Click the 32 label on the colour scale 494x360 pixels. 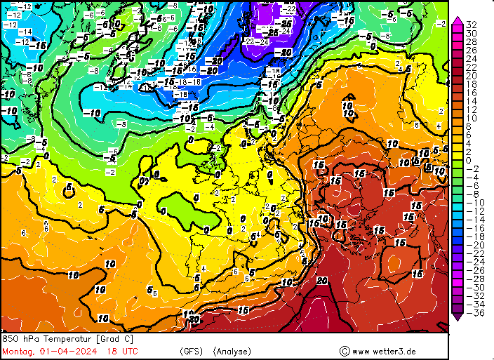tap(472, 25)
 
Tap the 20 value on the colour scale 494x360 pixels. tap(472, 76)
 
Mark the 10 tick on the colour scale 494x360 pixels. tap(472, 118)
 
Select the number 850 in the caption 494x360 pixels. tap(11, 339)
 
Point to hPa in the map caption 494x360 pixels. tap(31, 339)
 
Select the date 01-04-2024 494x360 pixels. tap(68, 351)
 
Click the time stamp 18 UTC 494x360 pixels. tap(123, 351)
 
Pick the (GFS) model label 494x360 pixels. tap(191, 351)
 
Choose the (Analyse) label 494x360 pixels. tap(232, 351)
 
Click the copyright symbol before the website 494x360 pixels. tap(344, 351)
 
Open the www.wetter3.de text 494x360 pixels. tap(384, 351)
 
